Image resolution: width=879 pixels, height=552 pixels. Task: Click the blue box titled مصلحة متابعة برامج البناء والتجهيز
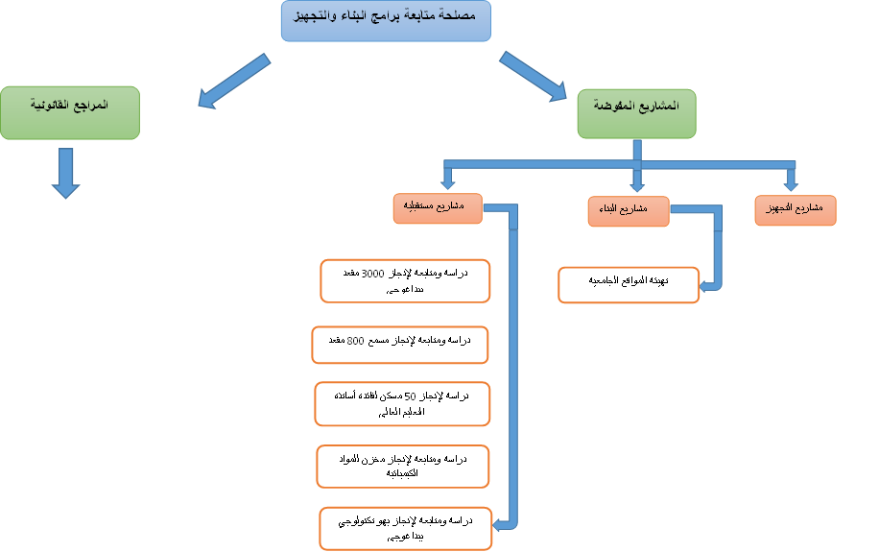coord(386,21)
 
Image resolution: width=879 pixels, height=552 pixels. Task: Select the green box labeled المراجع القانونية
coord(70,112)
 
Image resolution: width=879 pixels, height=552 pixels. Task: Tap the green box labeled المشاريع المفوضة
coord(636,115)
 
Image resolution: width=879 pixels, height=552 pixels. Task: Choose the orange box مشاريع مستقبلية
coord(437,208)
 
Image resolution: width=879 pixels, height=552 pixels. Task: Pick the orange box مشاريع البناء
coord(629,211)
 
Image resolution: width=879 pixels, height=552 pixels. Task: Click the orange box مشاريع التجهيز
coord(796,210)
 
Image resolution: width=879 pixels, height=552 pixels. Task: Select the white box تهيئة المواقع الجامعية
coord(629,285)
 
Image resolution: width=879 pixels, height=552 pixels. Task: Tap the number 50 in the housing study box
coord(410,396)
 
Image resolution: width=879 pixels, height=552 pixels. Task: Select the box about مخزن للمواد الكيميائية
coord(403,466)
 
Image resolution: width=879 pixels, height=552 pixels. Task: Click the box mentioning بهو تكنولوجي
coord(406,528)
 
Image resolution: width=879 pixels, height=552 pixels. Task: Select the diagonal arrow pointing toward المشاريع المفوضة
coord(534,76)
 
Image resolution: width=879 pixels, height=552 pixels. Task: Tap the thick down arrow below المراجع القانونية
coord(65,174)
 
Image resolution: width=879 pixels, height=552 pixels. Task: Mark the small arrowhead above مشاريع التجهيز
coord(791,182)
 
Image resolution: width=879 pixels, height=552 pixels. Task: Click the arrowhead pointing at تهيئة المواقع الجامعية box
coord(705,286)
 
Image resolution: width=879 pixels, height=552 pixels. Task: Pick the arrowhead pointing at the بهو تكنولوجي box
coord(499,524)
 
